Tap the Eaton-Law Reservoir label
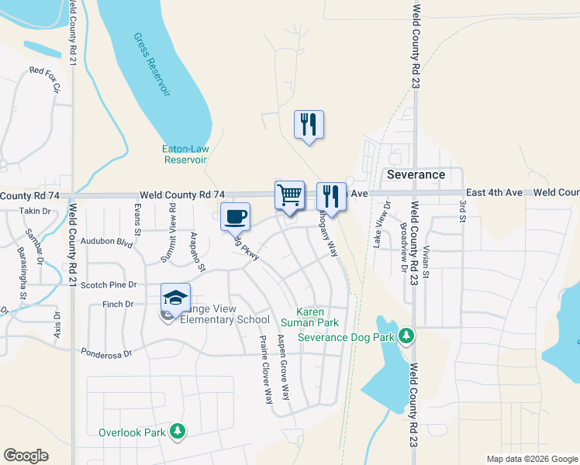(x=185, y=154)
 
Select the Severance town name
(x=416, y=174)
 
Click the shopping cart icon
(x=290, y=195)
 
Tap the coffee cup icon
(x=236, y=216)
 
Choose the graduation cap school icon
(x=175, y=298)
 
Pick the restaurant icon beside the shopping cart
(x=331, y=196)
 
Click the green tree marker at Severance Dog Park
(x=405, y=336)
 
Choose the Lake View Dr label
(x=380, y=226)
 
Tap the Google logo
(x=26, y=456)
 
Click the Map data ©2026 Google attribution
(x=532, y=459)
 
